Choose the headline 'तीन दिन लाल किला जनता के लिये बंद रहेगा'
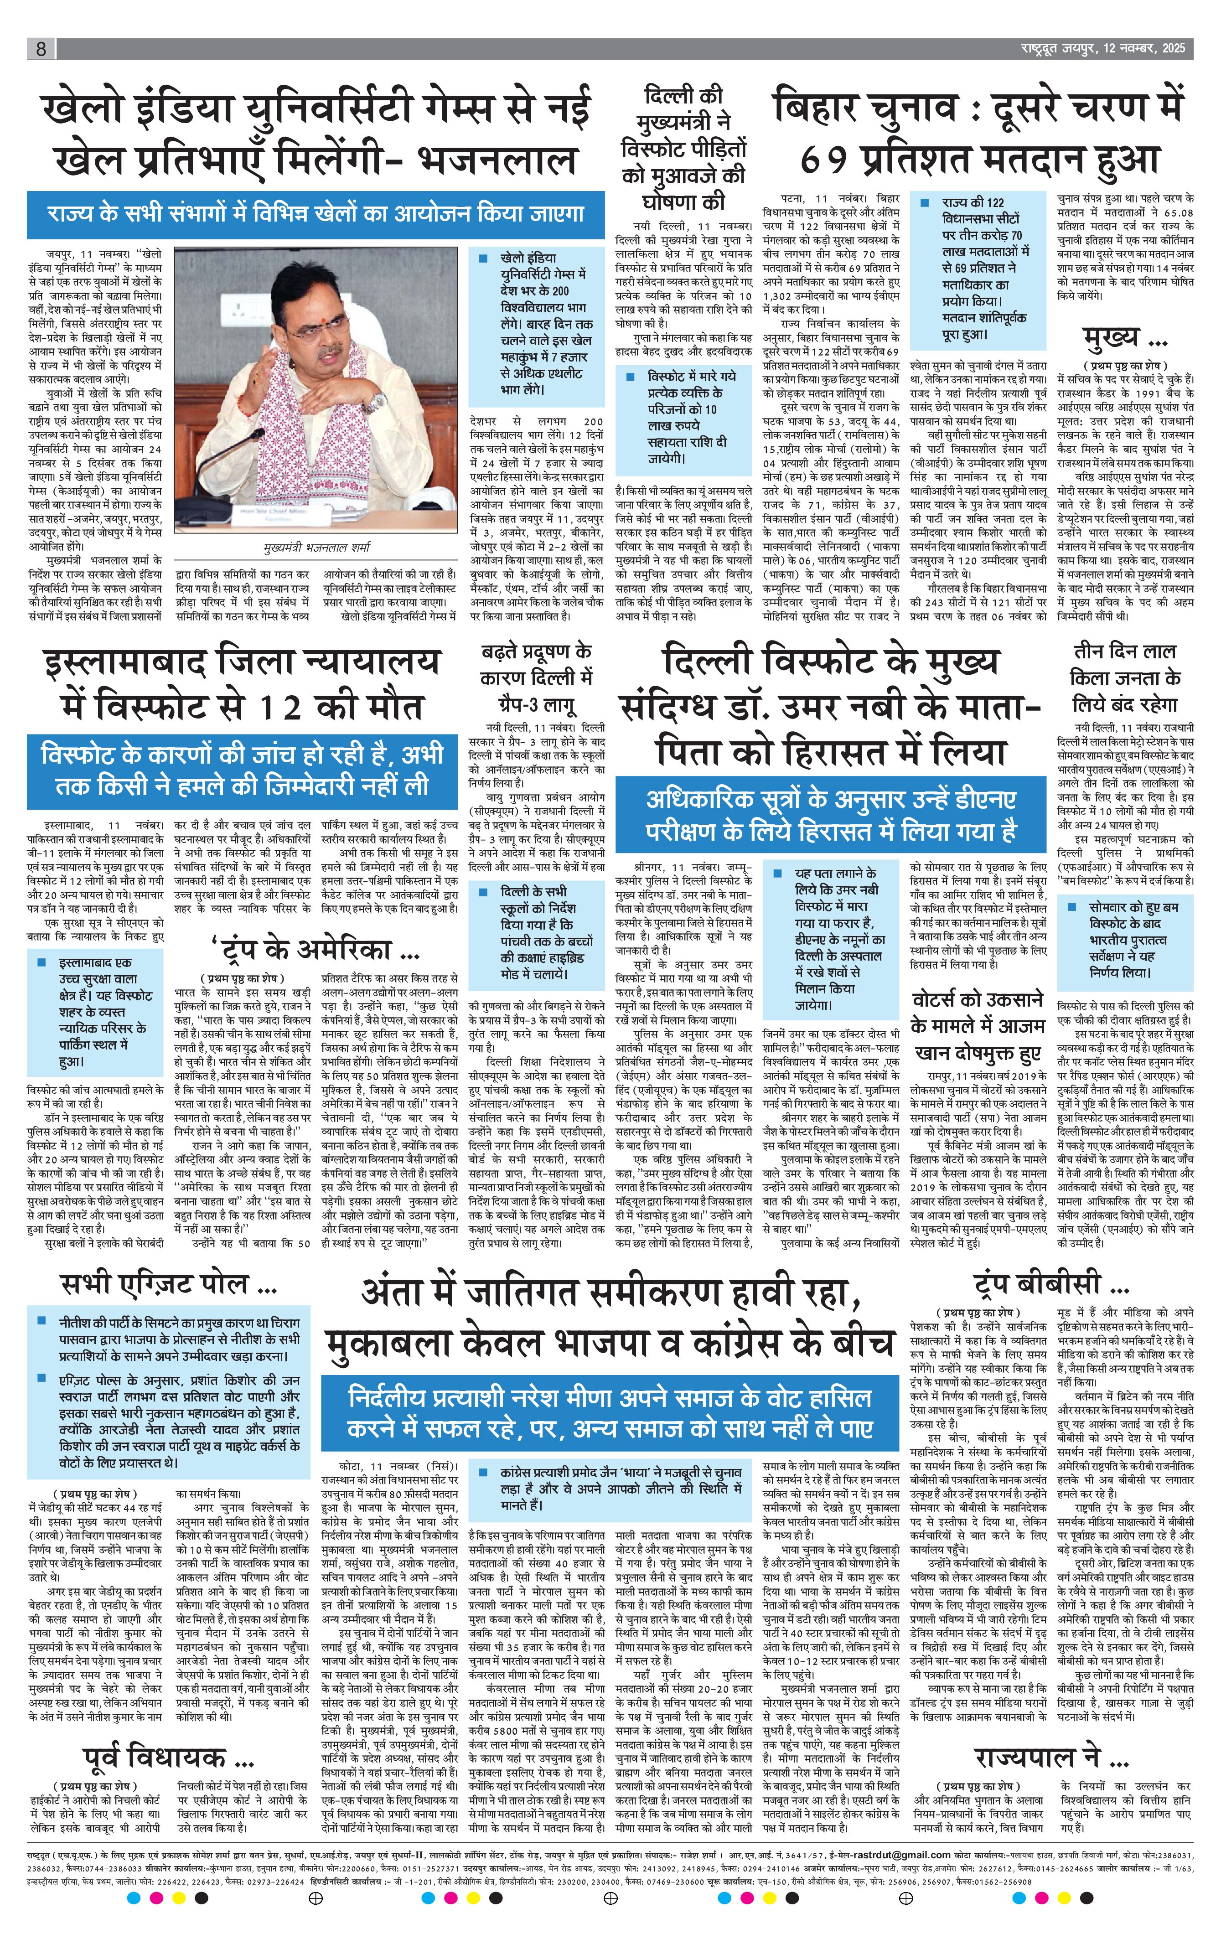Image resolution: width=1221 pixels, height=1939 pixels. click(1125, 678)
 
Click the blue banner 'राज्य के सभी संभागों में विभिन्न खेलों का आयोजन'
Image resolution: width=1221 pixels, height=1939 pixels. click(315, 214)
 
